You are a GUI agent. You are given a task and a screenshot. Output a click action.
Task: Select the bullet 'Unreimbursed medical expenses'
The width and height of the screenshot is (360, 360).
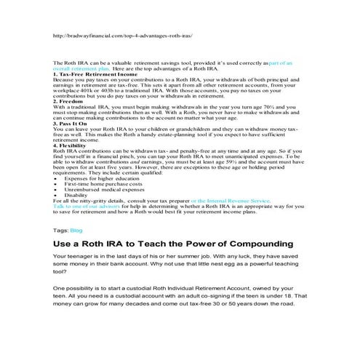pos(100,189)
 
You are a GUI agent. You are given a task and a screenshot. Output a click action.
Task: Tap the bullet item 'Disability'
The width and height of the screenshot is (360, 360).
pos(76,195)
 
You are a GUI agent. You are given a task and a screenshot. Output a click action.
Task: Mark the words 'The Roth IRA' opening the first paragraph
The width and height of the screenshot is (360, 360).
pos(71,63)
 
